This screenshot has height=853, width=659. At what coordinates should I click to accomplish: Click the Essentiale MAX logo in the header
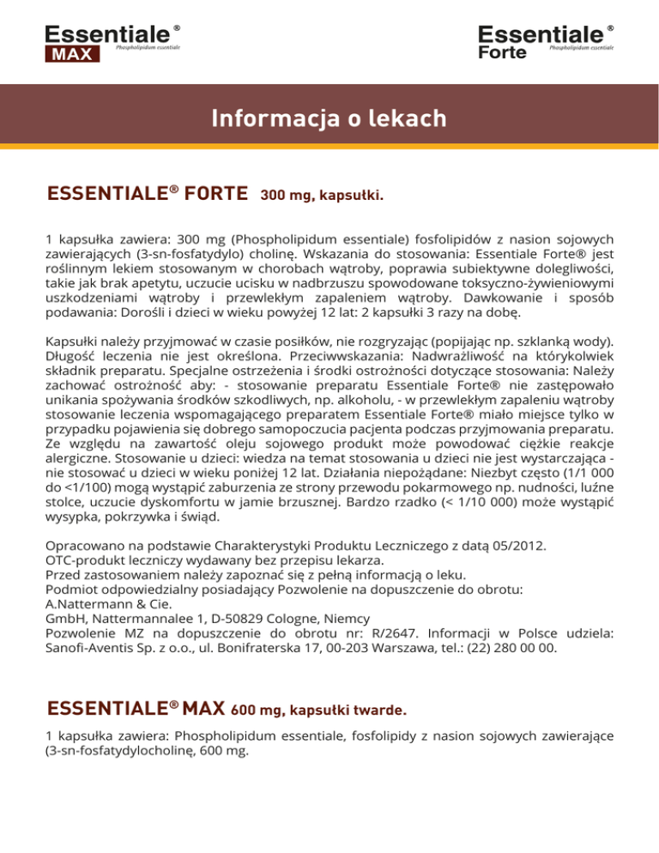click(x=112, y=43)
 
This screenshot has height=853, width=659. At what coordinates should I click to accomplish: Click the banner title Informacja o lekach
click(x=329, y=118)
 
